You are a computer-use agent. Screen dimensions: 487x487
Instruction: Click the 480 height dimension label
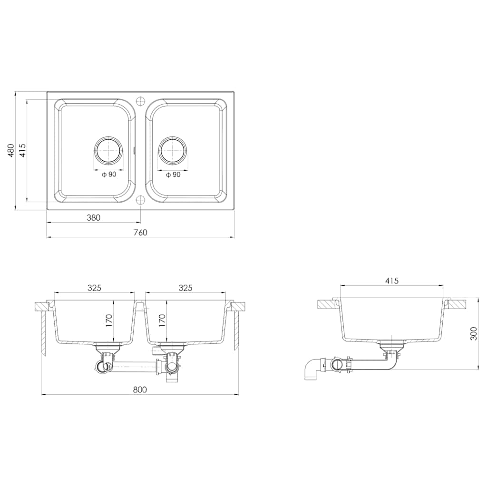10,150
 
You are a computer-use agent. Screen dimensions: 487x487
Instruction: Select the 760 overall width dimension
141,232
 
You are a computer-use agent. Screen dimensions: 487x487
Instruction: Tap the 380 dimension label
94,217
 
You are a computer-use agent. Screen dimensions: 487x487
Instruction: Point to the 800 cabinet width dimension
140,390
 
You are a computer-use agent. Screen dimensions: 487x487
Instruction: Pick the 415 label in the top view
22,150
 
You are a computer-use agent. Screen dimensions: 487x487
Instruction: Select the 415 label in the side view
392,281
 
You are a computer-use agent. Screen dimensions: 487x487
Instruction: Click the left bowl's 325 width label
95,288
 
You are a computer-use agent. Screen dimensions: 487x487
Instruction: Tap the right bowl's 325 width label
185,288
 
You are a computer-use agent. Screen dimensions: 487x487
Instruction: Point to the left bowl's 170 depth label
109,321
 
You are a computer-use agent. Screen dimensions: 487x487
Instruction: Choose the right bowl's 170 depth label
162,321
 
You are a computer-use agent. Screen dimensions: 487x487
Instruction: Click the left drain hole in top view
109,150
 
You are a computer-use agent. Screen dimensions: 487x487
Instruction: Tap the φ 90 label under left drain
109,175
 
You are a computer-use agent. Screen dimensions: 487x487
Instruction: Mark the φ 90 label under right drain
173,175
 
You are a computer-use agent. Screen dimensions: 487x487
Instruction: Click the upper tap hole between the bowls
141,101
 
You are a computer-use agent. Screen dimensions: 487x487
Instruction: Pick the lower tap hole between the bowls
141,200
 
